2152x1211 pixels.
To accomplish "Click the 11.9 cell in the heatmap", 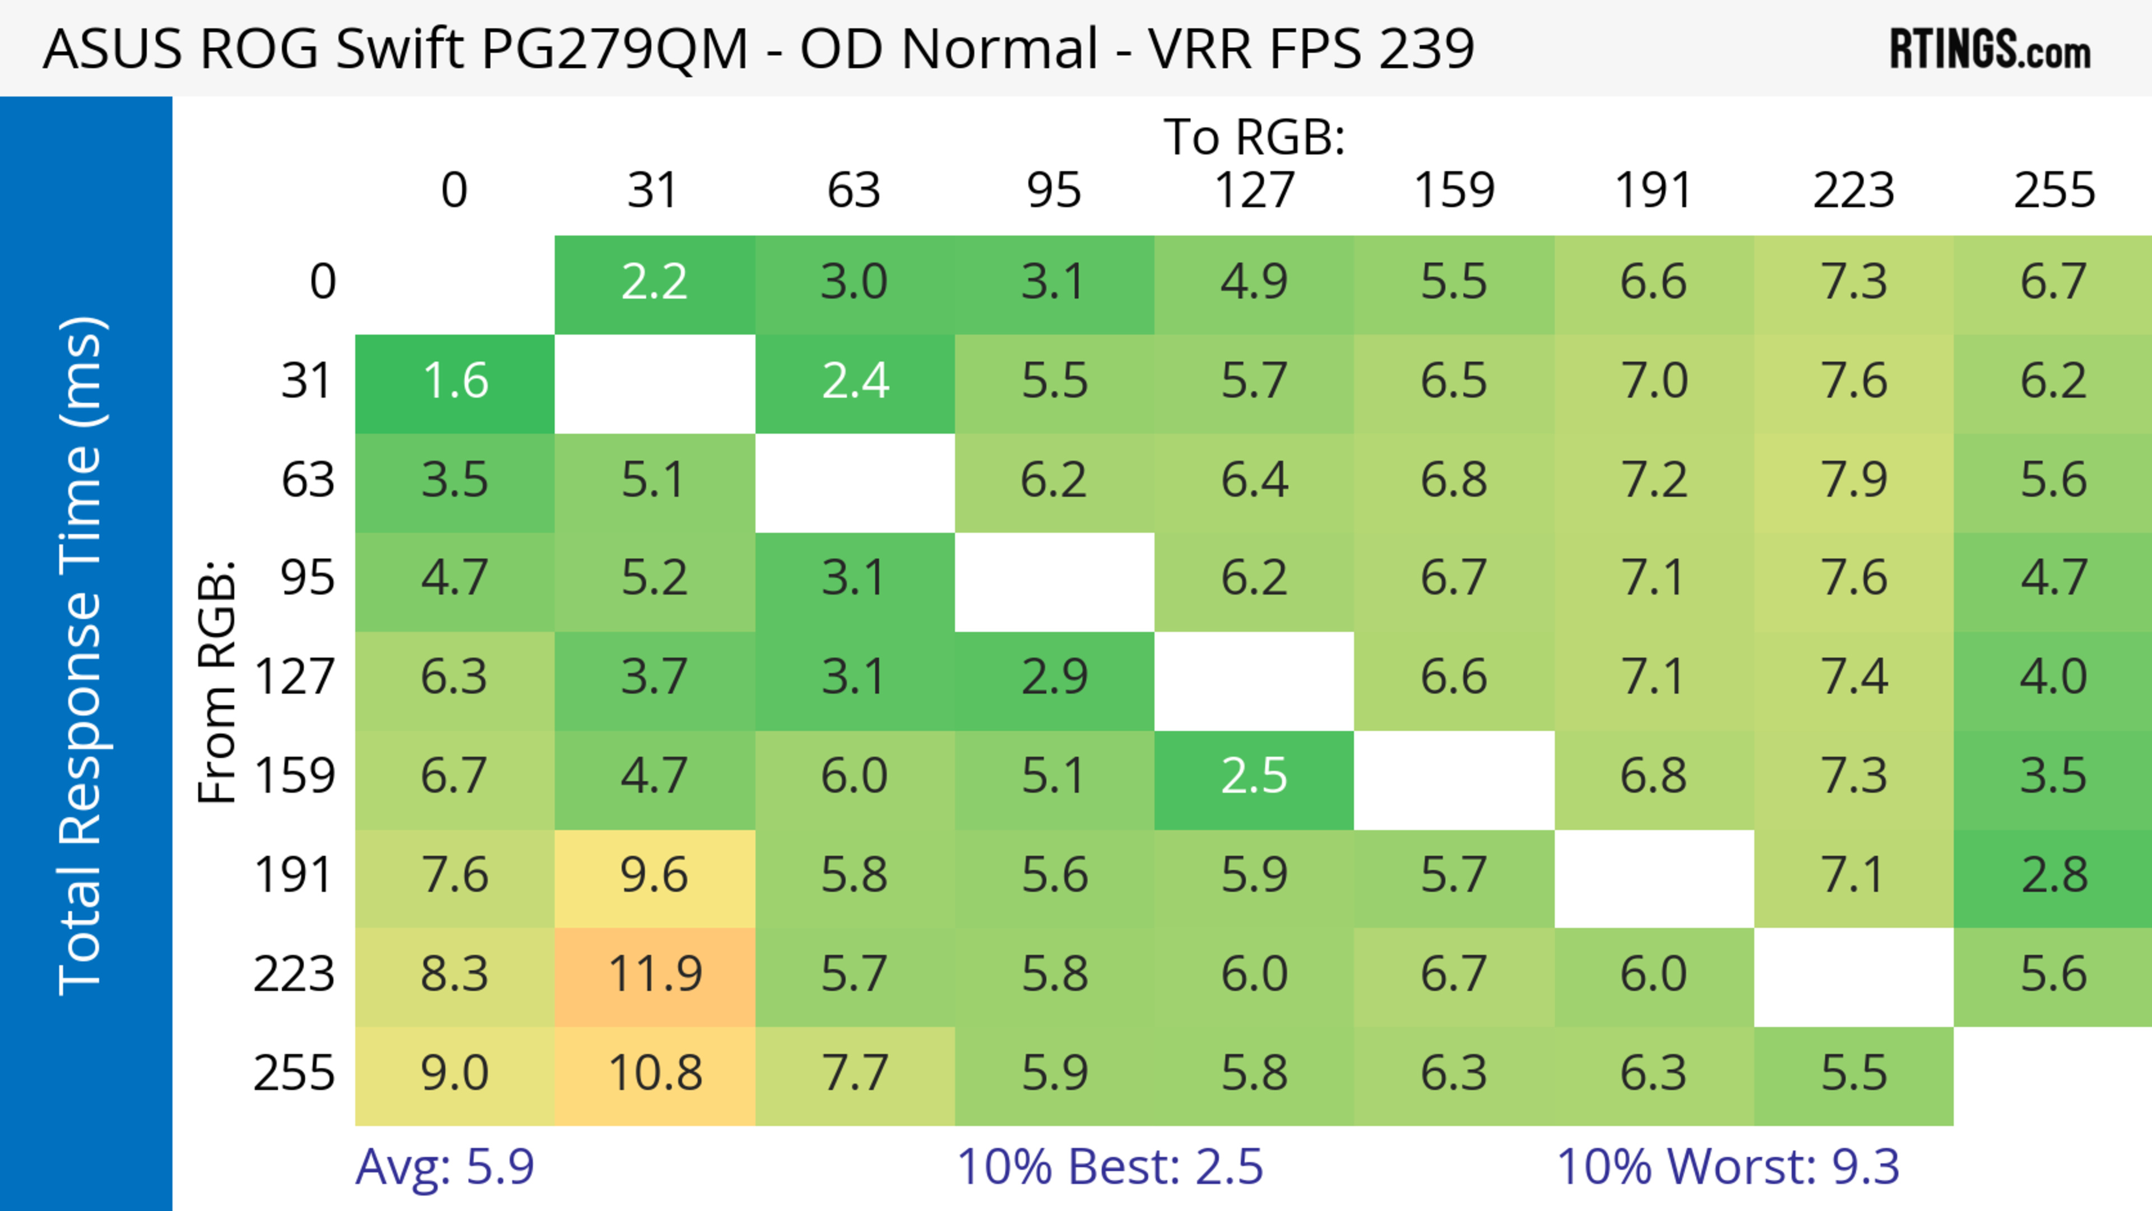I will [x=654, y=975].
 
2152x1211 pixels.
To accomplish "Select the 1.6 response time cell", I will [x=454, y=382].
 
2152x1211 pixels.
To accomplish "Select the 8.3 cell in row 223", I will [x=454, y=975].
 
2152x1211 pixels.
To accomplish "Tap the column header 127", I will [x=1254, y=191].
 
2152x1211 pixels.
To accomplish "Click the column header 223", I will [x=1854, y=191].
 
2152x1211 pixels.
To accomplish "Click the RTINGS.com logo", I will [x=1990, y=48].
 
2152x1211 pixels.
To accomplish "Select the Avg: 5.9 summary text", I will [x=444, y=1167].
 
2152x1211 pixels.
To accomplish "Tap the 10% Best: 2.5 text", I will [x=1110, y=1167].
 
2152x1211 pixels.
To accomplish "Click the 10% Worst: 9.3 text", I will [x=1728, y=1167].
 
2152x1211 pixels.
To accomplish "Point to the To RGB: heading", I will [x=1254, y=137].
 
